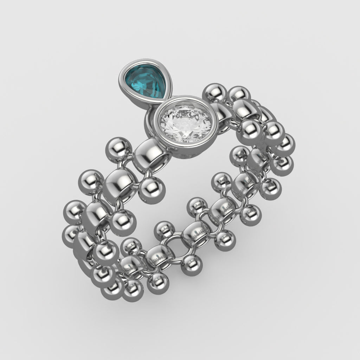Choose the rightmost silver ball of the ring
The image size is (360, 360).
click(285, 144)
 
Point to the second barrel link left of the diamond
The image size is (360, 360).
click(120, 181)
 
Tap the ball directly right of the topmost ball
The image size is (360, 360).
click(239, 95)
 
